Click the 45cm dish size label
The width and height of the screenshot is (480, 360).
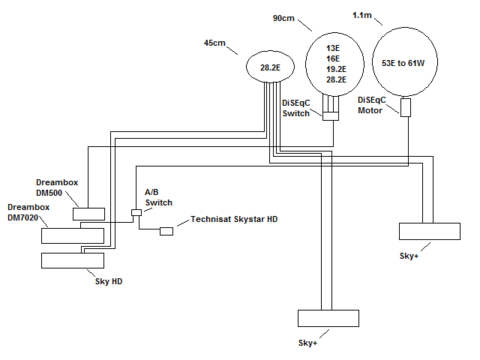[x=214, y=43]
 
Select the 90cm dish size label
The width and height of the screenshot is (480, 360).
[x=283, y=18]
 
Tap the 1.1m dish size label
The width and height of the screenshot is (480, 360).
[x=362, y=15]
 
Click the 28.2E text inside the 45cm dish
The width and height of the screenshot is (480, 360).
[x=270, y=67]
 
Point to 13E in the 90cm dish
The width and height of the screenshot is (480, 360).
[x=333, y=48]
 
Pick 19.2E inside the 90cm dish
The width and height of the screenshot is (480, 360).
[x=336, y=69]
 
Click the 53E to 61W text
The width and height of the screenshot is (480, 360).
[x=403, y=63]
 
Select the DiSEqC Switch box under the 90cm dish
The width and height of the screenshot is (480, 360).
[x=331, y=116]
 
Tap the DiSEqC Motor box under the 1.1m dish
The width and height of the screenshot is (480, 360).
[x=406, y=107]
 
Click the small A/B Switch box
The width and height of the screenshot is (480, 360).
[x=136, y=212]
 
